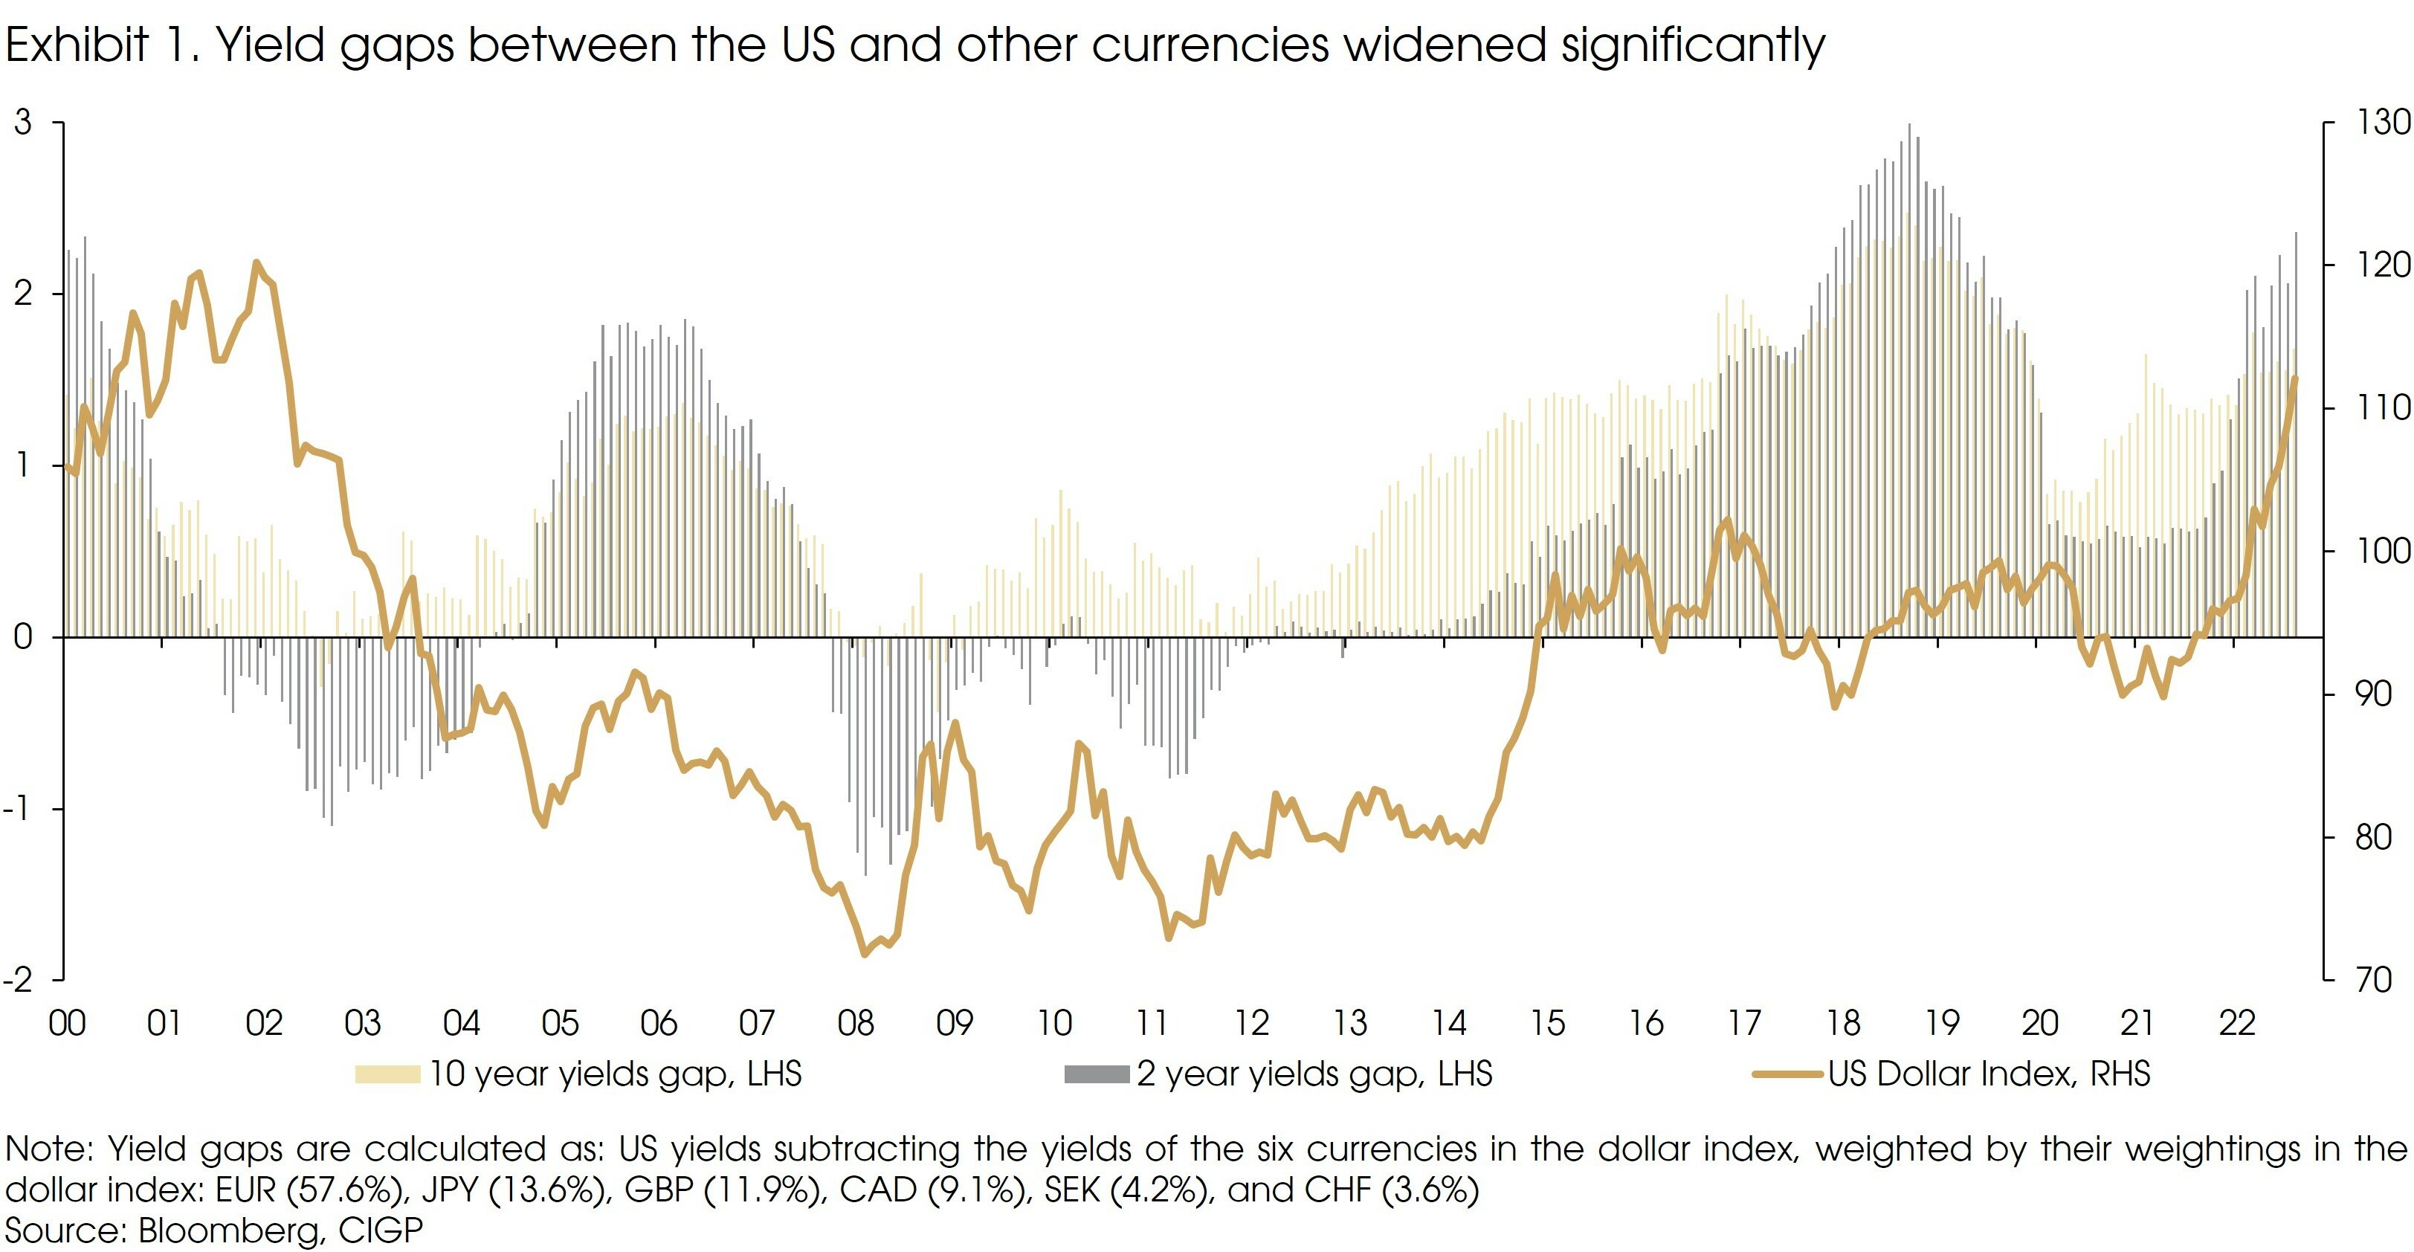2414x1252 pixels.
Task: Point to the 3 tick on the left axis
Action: pos(22,123)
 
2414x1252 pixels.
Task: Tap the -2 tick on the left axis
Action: pos(19,980)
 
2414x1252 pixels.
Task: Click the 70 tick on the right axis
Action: pos(2374,980)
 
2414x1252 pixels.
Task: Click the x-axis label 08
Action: pos(856,1023)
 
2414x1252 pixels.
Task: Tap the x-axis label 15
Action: pos(1547,1023)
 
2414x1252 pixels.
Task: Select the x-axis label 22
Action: pos(2237,1023)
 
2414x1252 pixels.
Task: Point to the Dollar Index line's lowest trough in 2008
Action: pos(865,954)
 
